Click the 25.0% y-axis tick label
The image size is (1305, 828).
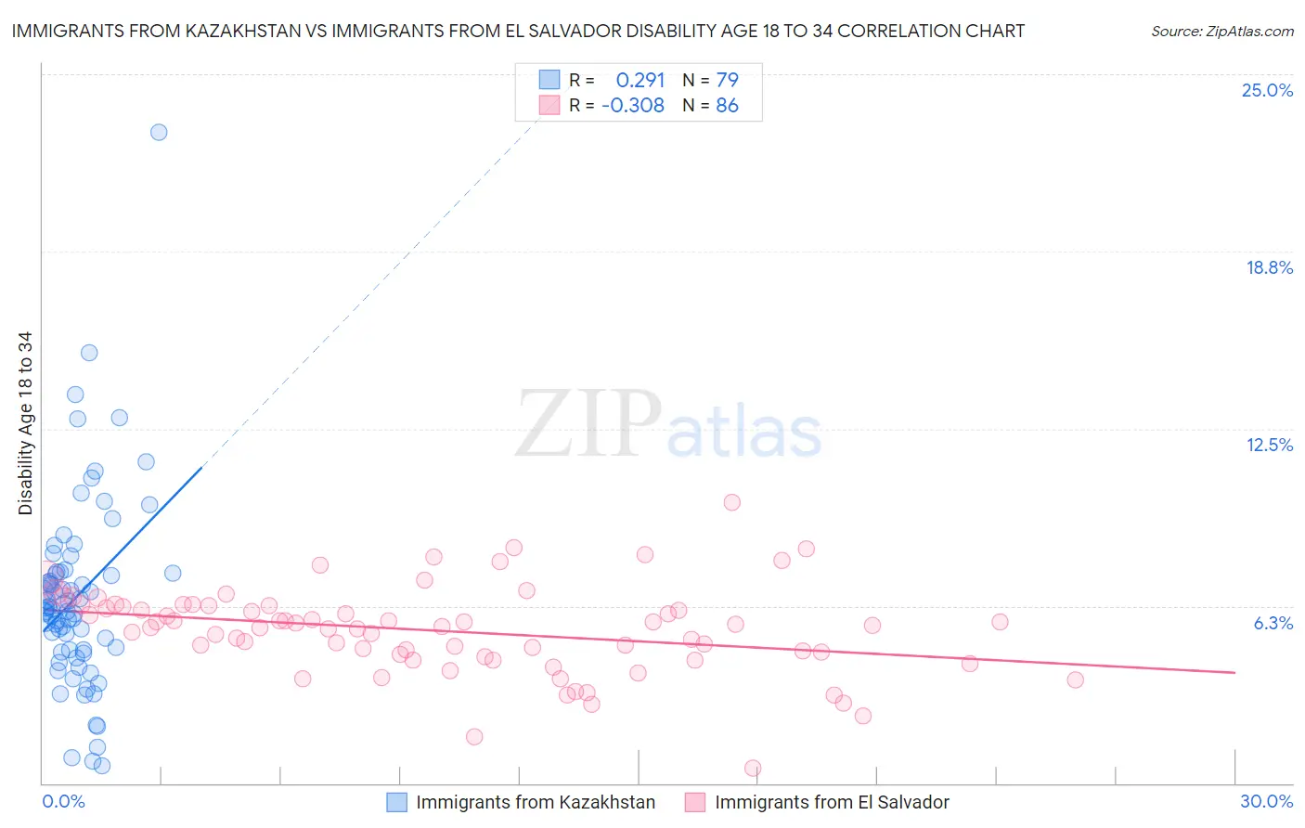(1267, 90)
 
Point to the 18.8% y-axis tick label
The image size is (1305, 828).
(1269, 267)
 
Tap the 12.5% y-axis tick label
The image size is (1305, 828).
(1269, 445)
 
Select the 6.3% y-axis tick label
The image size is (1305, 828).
(1273, 623)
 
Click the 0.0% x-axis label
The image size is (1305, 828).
(63, 801)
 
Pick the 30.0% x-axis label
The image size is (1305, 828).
(1266, 801)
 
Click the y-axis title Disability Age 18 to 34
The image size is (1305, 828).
(25, 423)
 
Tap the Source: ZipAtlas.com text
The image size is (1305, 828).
(1221, 31)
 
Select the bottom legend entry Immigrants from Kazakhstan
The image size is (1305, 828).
(536, 802)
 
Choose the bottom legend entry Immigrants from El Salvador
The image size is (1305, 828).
(832, 802)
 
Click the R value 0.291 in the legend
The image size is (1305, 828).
(640, 80)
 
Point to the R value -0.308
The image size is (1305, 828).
(633, 106)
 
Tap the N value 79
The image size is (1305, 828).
(727, 80)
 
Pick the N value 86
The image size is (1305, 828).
(727, 106)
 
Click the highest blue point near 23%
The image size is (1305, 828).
(159, 132)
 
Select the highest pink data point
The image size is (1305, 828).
(731, 502)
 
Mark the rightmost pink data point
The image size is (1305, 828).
(1075, 679)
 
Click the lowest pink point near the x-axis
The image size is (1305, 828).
(753, 768)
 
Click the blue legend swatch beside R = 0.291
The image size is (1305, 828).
(549, 80)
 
